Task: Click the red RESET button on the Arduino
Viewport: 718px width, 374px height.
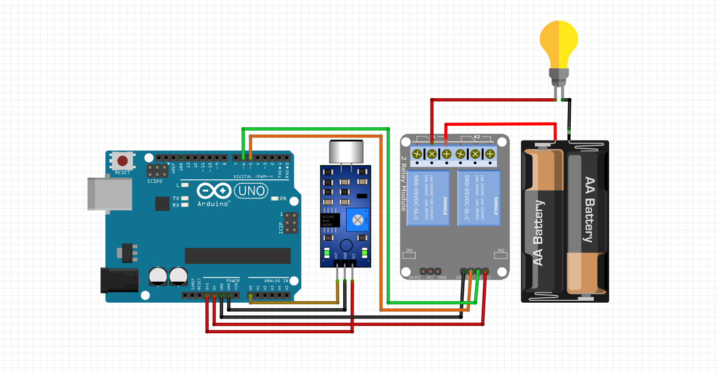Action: [123, 161]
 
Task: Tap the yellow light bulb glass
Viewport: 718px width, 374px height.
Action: [558, 43]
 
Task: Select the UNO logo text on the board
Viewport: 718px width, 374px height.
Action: [251, 190]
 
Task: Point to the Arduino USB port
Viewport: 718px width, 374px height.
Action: [110, 194]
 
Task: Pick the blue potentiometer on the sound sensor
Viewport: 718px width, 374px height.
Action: [358, 219]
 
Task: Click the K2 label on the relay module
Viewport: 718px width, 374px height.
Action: [477, 136]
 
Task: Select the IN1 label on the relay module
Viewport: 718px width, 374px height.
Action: [409, 251]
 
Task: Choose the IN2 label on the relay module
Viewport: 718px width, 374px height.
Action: [501, 251]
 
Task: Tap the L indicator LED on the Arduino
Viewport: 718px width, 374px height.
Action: [185, 185]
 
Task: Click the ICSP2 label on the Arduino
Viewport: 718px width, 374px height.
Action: [155, 181]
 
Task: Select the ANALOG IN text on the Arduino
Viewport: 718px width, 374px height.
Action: [276, 281]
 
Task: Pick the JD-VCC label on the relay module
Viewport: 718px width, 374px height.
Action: [415, 278]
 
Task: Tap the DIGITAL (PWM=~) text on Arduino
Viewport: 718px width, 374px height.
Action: [251, 176]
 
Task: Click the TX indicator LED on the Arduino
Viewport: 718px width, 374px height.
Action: [185, 199]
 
